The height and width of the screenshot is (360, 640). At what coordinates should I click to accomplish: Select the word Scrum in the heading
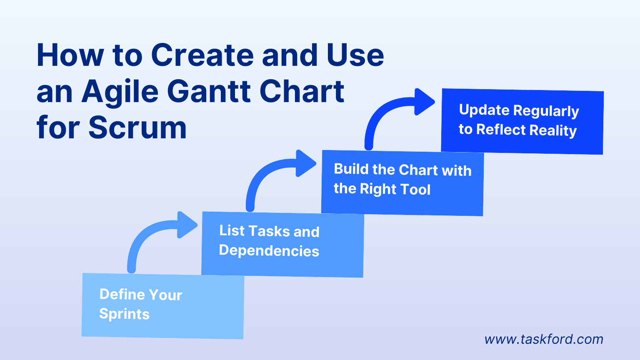tap(137, 127)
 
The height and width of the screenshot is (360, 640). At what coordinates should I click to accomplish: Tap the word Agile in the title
tap(120, 92)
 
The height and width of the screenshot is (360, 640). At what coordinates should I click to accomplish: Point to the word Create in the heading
tap(202, 55)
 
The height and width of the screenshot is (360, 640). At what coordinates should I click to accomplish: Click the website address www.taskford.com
tap(544, 339)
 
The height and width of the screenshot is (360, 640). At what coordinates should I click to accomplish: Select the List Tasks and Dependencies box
tap(282, 244)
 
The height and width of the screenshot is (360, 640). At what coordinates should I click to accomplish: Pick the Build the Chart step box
tap(402, 183)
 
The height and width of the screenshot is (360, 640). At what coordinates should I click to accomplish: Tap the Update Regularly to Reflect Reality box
tap(522, 121)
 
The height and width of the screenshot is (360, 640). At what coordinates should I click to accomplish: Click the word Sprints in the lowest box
tap(124, 314)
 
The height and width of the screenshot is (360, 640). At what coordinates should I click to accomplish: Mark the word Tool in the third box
tap(413, 190)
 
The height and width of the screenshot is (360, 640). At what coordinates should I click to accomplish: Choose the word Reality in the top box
tap(553, 130)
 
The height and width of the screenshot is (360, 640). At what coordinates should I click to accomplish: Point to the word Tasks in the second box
tap(269, 231)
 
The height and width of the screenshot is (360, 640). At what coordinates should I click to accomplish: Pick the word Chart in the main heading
tap(302, 91)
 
